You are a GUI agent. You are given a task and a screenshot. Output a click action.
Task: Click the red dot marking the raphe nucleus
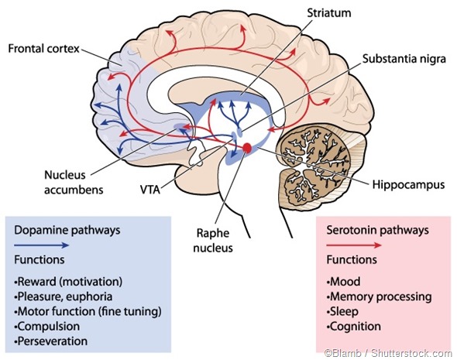pos(247,148)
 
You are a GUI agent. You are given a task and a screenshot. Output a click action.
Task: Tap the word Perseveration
pos(53,341)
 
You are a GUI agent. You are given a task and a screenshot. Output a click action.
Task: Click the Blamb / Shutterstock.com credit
pos(390,352)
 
